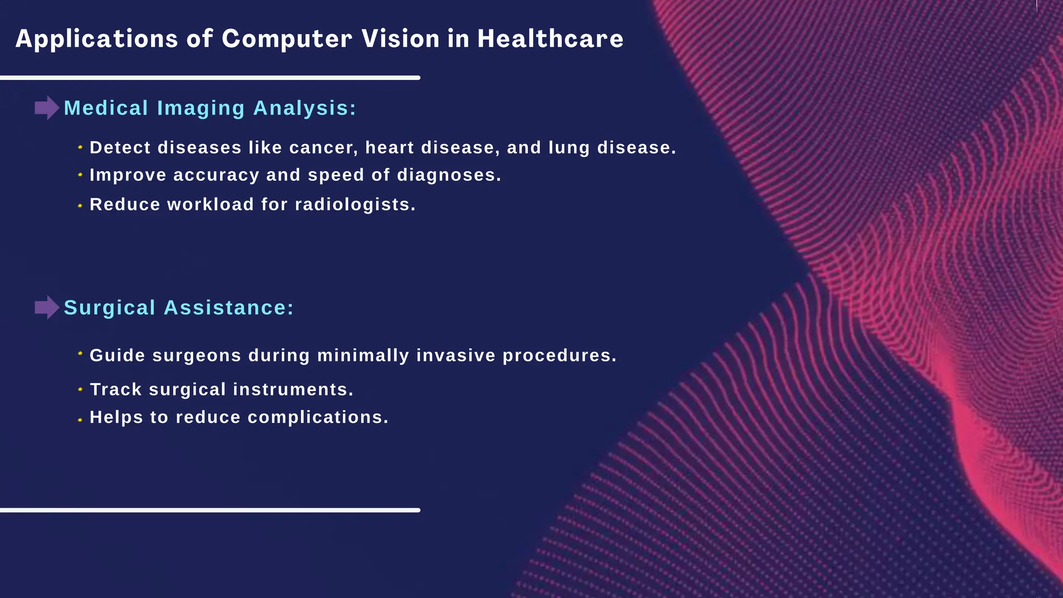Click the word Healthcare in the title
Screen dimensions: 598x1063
[x=550, y=39]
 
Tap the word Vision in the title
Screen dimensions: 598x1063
[x=401, y=39]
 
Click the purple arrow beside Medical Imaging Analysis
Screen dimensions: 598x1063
[x=47, y=108]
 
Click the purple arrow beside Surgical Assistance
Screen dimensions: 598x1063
[x=47, y=307]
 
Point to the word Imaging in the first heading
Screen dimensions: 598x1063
[x=200, y=108]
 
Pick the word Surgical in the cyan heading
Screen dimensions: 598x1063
[x=110, y=308]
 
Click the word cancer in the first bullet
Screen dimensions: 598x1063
[x=323, y=148]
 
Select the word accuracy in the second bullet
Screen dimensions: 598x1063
[x=216, y=175]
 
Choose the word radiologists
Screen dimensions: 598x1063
[x=355, y=205]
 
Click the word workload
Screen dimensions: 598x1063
[x=210, y=205]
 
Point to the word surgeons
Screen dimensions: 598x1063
[x=197, y=356]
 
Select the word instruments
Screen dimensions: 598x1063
[x=293, y=389]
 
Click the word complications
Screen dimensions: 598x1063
[x=318, y=417]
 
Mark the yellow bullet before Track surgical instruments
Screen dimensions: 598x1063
[x=80, y=389]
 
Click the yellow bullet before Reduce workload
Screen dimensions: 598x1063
[x=80, y=206]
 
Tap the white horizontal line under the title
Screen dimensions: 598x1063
[x=210, y=78]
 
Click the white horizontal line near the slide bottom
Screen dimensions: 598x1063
[x=210, y=510]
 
